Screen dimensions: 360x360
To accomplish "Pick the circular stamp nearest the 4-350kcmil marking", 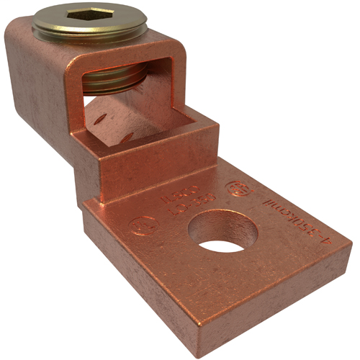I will [238, 189].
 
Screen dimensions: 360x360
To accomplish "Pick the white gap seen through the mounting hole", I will [222, 246].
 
